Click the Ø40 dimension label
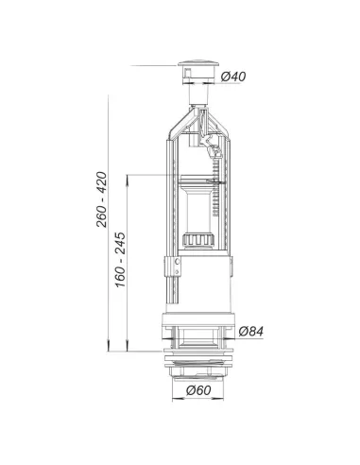click(x=233, y=77)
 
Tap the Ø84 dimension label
click(x=250, y=331)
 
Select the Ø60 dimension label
click(x=198, y=390)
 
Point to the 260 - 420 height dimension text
click(x=102, y=199)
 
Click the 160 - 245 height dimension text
click(x=120, y=260)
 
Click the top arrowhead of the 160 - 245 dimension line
click(x=127, y=179)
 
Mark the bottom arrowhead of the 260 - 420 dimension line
click(x=109, y=347)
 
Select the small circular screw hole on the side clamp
click(x=177, y=261)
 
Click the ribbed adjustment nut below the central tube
click(x=198, y=239)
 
